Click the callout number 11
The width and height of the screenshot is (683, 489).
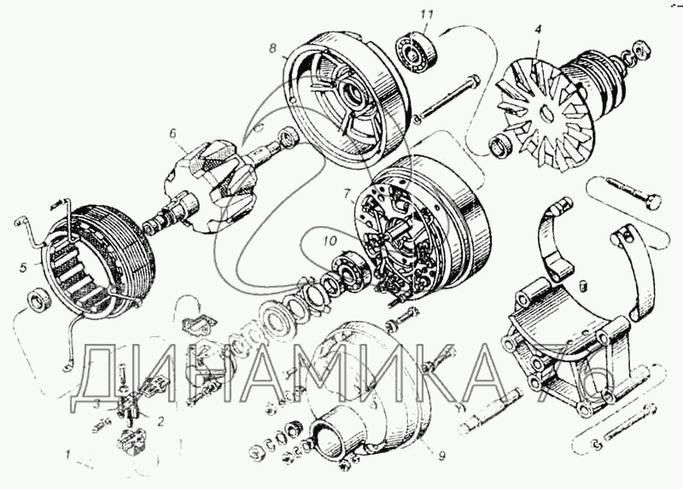[x=427, y=15]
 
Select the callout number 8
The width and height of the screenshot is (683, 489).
[x=272, y=48]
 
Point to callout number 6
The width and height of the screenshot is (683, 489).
[x=173, y=133]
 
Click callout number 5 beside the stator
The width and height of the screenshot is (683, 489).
[x=23, y=267]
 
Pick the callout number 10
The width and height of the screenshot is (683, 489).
[x=330, y=241]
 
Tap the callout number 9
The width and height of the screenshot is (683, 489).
[x=441, y=456]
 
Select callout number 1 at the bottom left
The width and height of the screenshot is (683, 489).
[x=67, y=456]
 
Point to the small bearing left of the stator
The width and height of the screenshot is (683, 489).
[x=38, y=300]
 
